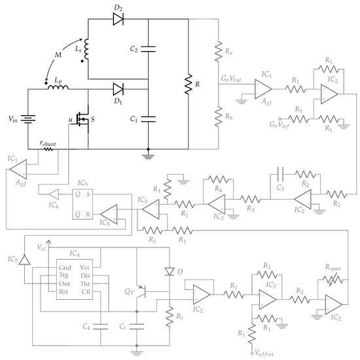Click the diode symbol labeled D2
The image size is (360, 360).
click(x=118, y=20)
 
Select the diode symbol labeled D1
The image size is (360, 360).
click(x=118, y=88)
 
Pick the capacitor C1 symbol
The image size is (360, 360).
click(x=149, y=118)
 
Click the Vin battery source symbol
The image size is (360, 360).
click(x=27, y=120)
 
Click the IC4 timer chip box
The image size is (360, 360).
click(x=73, y=280)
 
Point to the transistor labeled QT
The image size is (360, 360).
click(x=145, y=289)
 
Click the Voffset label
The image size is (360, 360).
click(x=268, y=353)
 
